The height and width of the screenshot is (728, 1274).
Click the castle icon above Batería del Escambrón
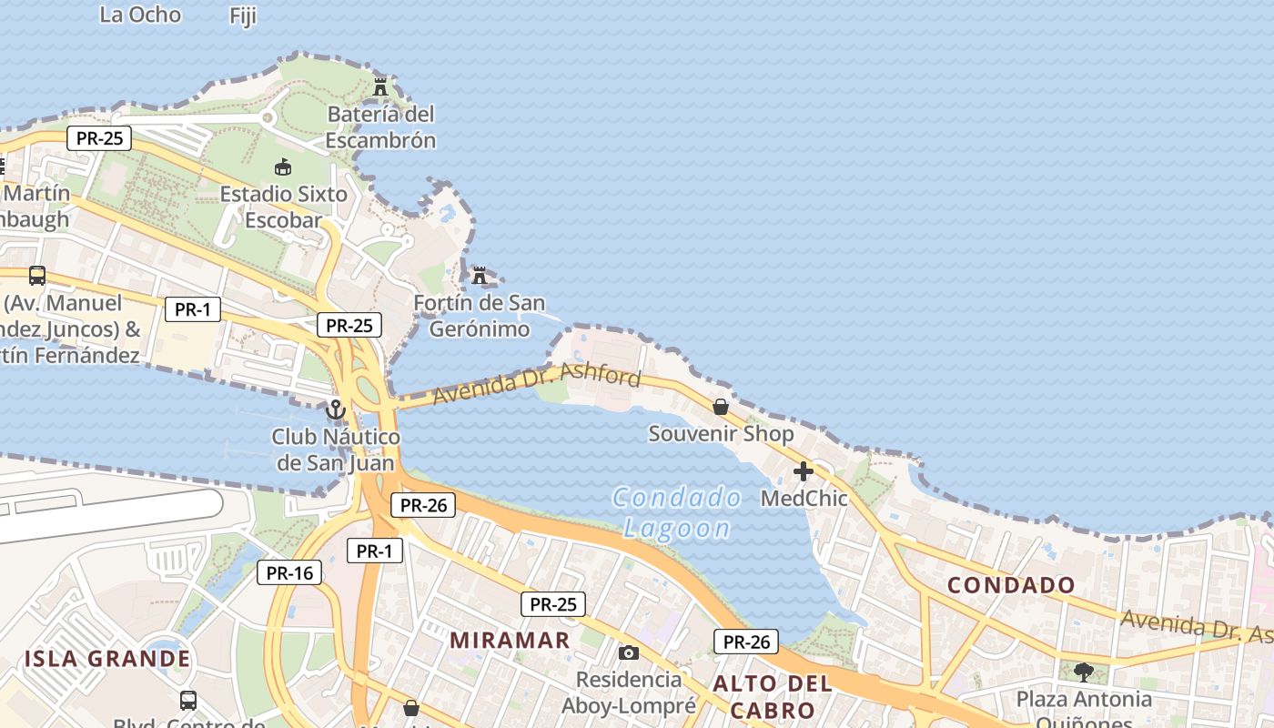tap(380, 87)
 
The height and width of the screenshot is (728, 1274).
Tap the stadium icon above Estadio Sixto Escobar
tap(283, 167)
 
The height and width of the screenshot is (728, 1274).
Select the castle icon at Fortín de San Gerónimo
tap(480, 275)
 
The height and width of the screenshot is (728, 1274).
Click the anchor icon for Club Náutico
tap(336, 410)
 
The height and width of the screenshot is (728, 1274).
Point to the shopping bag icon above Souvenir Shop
tap(721, 407)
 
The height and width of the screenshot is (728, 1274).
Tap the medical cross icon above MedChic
tap(804, 471)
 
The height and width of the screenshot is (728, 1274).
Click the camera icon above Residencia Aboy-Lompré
tap(629, 652)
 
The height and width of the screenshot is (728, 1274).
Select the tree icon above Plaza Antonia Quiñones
tap(1083, 672)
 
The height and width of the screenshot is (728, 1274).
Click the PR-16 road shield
tap(289, 572)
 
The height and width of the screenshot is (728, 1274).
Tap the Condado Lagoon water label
tap(677, 512)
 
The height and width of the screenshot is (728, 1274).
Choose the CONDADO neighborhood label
tap(1011, 585)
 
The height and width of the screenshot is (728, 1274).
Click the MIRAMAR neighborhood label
tap(510, 640)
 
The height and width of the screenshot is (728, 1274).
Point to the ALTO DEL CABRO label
tap(773, 697)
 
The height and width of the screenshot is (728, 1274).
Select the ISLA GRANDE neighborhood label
tap(107, 659)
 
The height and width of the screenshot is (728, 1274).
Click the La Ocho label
tap(140, 15)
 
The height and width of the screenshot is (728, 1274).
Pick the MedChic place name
tap(804, 499)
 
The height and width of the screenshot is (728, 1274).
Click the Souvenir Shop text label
tap(721, 434)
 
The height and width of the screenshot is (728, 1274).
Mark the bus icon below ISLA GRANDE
tap(188, 701)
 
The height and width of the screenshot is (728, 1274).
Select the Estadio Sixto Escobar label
tap(283, 207)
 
